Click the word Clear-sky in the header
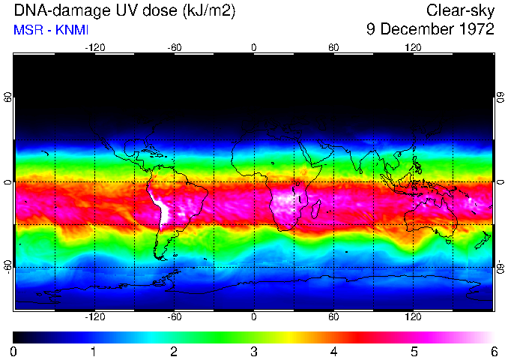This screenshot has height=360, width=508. coord(461,10)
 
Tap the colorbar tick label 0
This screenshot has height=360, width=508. coord(14,351)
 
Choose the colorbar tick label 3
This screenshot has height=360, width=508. coord(254,351)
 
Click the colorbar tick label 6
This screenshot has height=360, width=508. coord(493,351)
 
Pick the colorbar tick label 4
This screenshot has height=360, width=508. coord(333,351)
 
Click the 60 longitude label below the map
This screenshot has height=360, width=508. coord(333,317)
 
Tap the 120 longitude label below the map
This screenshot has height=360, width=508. coord(413,317)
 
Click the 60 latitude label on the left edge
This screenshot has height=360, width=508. coord(7,98)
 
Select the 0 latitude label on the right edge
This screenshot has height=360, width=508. coord(500,182)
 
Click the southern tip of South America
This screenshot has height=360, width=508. coord(160,257)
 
